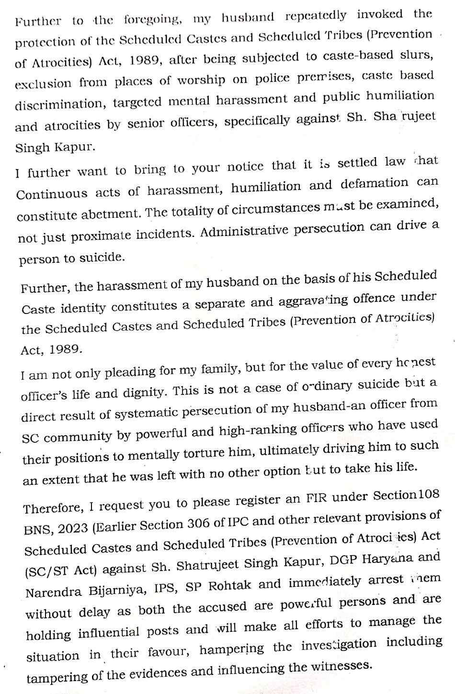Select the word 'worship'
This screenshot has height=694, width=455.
coord(201,80)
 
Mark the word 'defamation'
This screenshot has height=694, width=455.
coord(374,184)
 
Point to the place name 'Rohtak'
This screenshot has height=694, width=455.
coord(229,586)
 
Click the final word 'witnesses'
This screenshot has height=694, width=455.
coord(340,666)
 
